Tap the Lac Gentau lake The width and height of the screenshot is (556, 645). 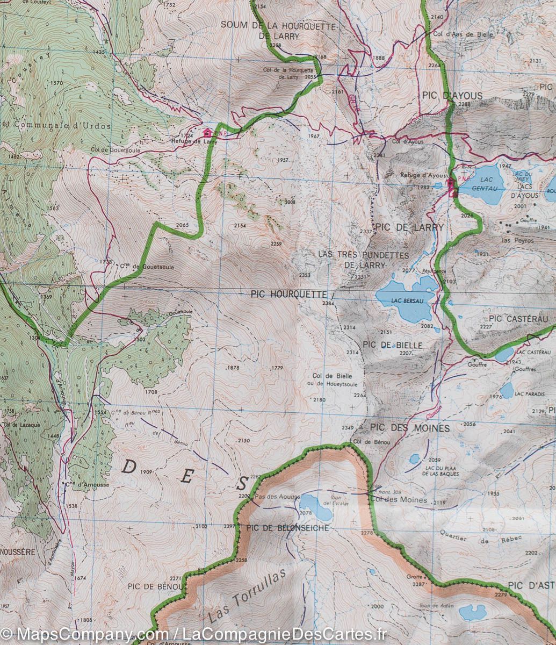(x=482, y=187)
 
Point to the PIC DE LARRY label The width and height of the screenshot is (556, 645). (x=410, y=227)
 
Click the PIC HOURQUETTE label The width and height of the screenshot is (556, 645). (x=288, y=295)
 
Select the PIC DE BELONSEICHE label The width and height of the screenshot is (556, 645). (x=287, y=528)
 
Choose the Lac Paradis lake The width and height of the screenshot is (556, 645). (x=507, y=390)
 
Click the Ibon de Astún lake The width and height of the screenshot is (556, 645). (x=472, y=612)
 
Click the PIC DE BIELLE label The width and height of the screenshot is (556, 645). (x=392, y=345)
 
